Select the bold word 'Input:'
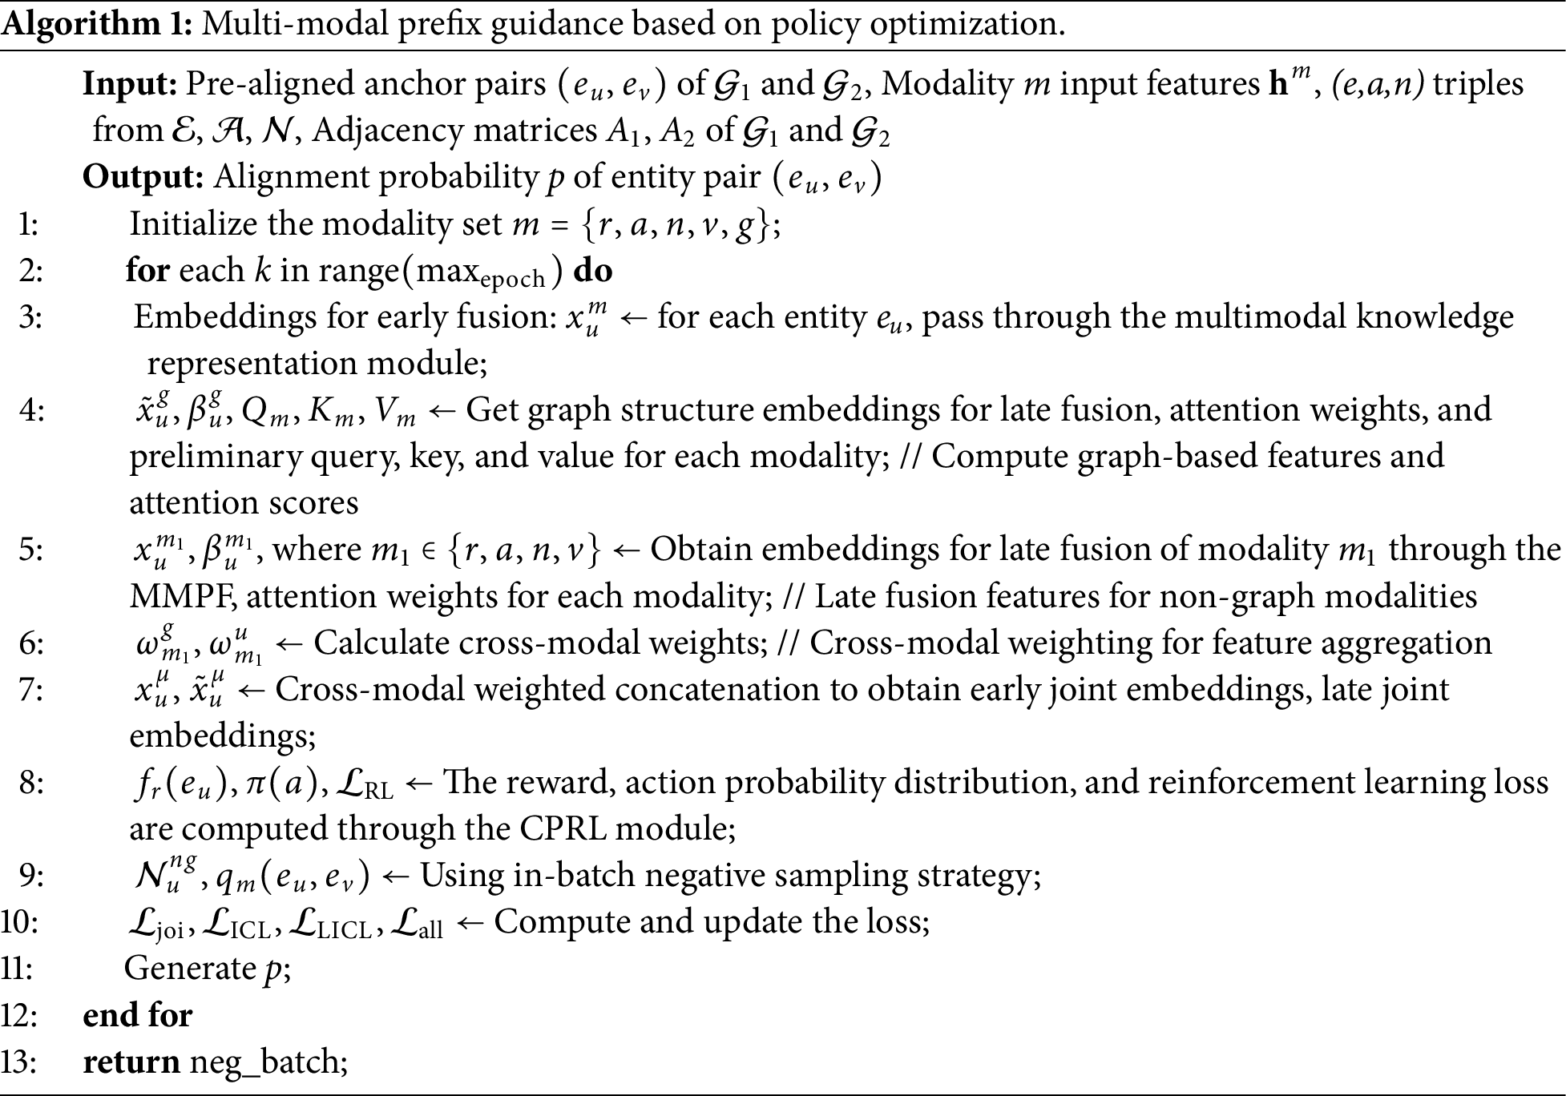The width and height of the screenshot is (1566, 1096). [131, 84]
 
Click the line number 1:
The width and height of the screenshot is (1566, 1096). [29, 224]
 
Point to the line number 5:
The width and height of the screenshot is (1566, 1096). [30, 550]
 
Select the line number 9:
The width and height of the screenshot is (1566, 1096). [30, 876]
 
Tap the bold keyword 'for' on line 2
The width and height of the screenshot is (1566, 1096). [147, 271]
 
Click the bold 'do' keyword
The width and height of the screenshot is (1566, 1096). [593, 271]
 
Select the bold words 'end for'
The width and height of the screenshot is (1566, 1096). [138, 1016]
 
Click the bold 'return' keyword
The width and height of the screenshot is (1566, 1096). [131, 1062]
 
